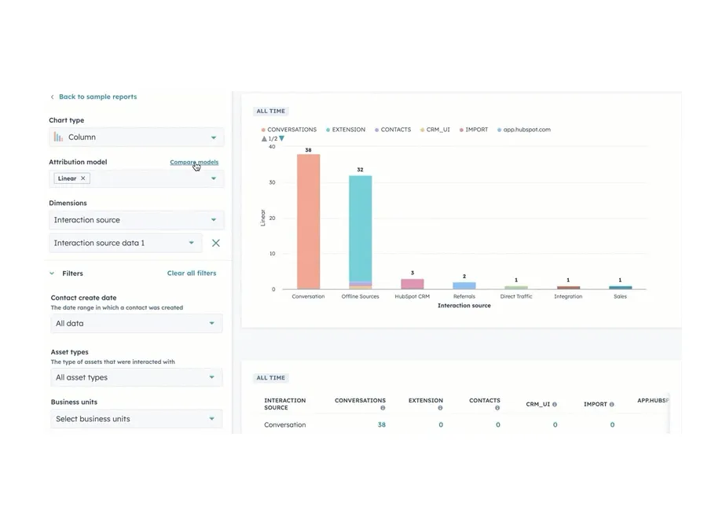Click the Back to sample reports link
pos(97,97)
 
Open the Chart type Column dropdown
pos(136,137)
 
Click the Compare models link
pos(194,162)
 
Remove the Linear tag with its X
pos(83,178)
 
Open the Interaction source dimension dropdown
pos(136,220)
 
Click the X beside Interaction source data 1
pos(216,243)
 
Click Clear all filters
pos(191,274)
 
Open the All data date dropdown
pos(136,323)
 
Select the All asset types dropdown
pos(136,377)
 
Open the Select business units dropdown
pos(136,419)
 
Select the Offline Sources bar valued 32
pos(360,228)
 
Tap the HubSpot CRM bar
pos(412,284)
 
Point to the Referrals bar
pos(464,285)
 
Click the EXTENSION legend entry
pos(348,130)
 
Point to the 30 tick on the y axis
pos(272,182)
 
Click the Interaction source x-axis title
pos(464,306)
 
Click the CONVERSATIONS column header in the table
pos(360,401)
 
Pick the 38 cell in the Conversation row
pos(381,424)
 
